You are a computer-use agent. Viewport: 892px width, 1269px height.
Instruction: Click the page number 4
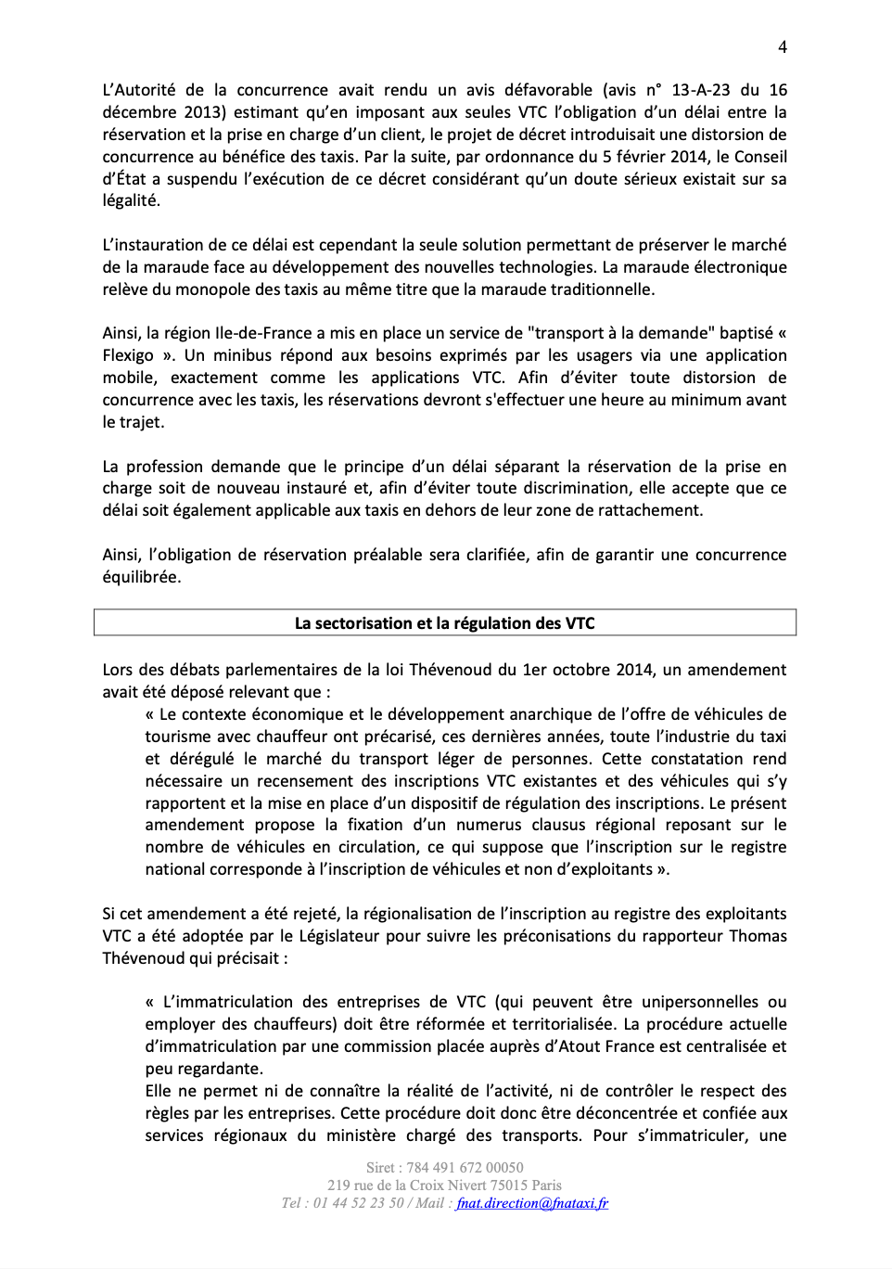click(x=783, y=47)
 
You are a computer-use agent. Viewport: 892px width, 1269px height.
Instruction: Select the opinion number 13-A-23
click(x=700, y=90)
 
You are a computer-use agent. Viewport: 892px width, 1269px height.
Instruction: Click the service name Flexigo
click(x=128, y=355)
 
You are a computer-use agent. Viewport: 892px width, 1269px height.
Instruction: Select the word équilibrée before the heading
click(x=141, y=577)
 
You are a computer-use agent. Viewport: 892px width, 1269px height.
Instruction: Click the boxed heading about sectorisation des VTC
click(x=445, y=623)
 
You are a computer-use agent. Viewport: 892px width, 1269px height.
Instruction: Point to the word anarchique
click(x=552, y=714)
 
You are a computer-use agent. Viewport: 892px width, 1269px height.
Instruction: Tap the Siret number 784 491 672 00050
click(x=465, y=1168)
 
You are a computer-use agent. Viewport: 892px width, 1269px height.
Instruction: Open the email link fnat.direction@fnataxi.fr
click(x=532, y=1203)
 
